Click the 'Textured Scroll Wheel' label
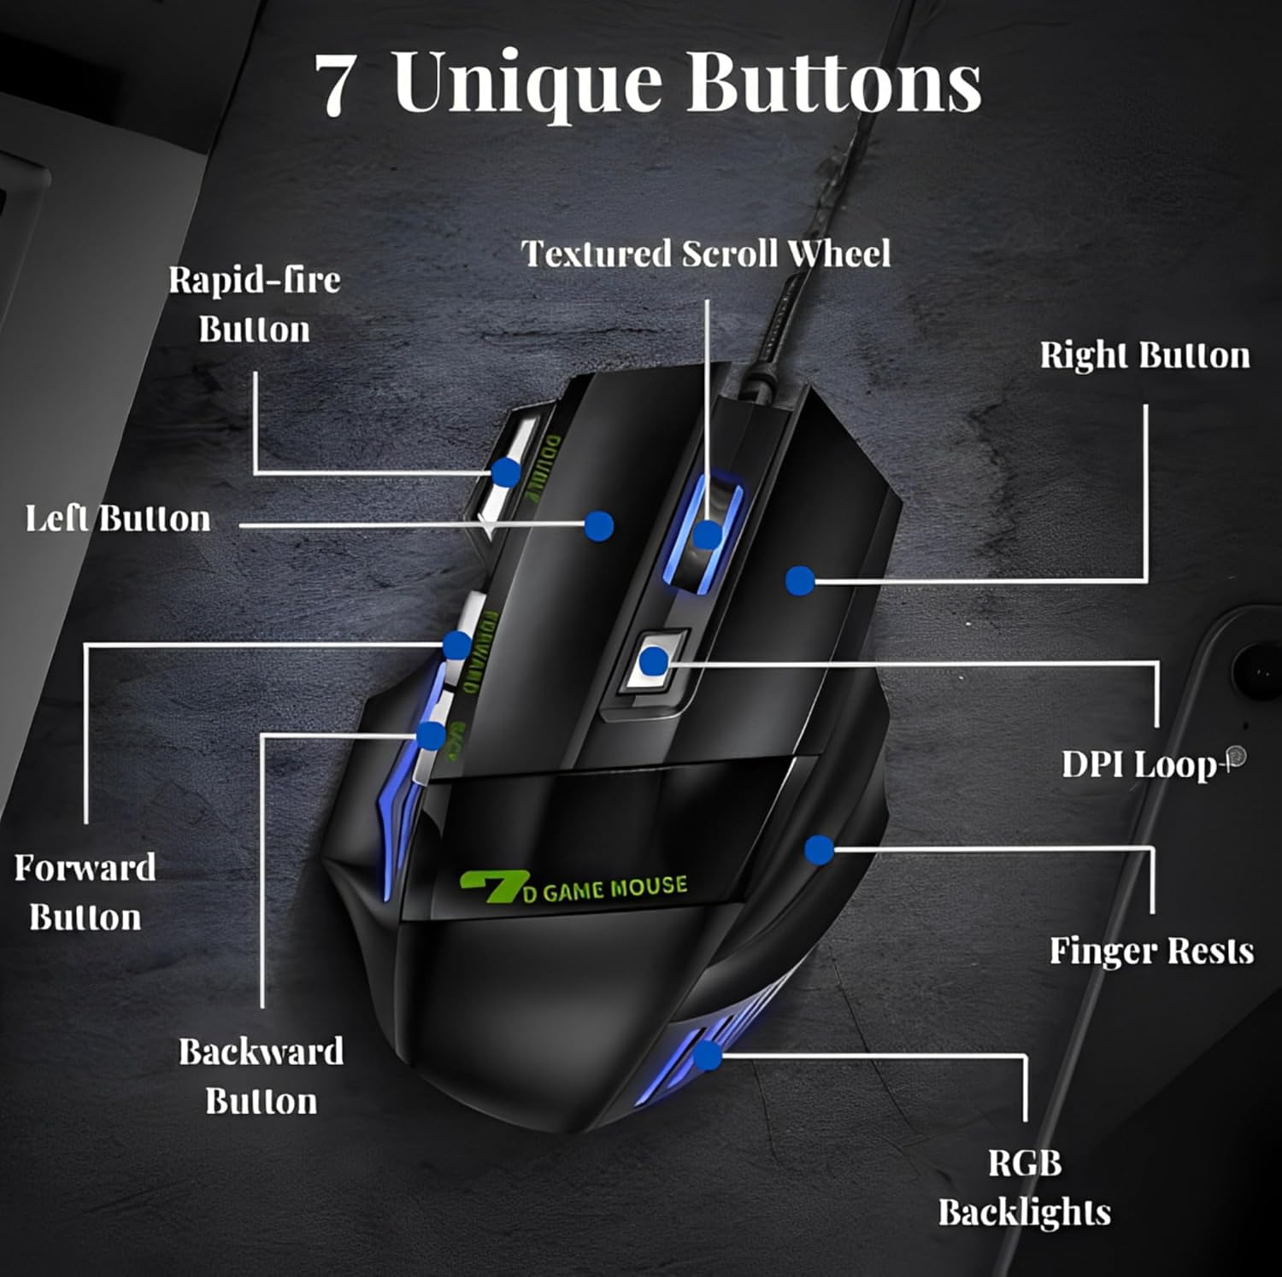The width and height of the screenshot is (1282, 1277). [x=706, y=254]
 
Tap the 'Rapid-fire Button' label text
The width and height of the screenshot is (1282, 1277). [x=254, y=304]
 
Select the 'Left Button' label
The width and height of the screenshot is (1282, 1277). [x=117, y=518]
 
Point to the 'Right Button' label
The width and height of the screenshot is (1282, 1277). [x=1144, y=355]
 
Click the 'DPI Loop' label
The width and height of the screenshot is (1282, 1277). [x=1138, y=764]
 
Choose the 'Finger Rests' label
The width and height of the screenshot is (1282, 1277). [x=1151, y=951]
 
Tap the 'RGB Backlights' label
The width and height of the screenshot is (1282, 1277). [x=1024, y=1187]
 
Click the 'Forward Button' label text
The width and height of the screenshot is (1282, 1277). [x=85, y=893]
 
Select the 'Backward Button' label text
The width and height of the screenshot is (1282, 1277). [x=261, y=1076]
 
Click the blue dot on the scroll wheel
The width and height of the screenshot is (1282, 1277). [x=707, y=536]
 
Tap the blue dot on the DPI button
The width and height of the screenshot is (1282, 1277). [x=654, y=660]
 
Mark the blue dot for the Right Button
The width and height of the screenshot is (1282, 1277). [x=800, y=581]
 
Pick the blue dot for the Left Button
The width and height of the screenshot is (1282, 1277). [x=599, y=525]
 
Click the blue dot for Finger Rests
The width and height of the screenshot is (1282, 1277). [x=819, y=849]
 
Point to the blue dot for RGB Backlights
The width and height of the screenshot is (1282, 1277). [x=707, y=1056]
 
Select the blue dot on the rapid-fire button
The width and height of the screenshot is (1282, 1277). [x=506, y=472]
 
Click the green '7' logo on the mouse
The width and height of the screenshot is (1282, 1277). [x=489, y=887]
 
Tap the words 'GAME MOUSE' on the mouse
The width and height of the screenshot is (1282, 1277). [x=614, y=888]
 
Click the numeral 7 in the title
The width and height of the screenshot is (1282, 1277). [x=335, y=85]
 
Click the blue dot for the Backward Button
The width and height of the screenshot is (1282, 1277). [x=431, y=735]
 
